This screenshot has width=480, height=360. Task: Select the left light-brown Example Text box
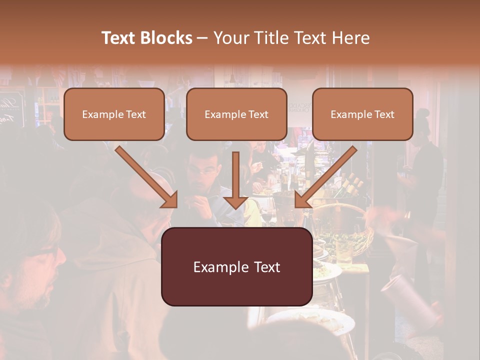(x=114, y=114)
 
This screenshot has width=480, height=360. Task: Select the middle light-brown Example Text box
(x=236, y=114)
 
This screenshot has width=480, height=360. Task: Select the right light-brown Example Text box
(x=362, y=114)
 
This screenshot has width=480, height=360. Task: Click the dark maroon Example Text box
(x=236, y=266)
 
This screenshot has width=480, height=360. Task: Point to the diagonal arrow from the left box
(x=147, y=177)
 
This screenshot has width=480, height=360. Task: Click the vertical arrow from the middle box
(x=235, y=180)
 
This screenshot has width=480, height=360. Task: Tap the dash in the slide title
(x=202, y=38)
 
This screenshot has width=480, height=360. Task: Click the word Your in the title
(x=230, y=38)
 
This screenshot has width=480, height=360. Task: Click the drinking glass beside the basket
(x=343, y=252)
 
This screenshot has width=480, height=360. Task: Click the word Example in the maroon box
(x=216, y=267)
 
